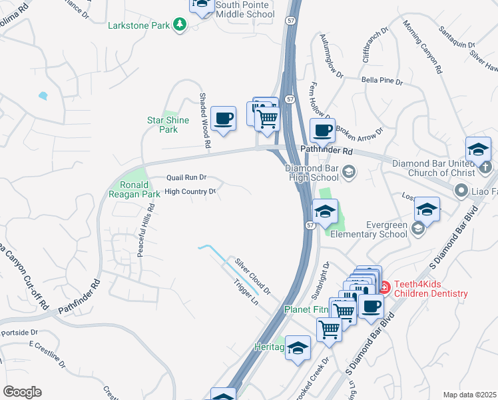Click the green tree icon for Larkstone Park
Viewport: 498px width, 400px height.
[179, 25]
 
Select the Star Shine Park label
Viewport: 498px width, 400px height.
[162, 125]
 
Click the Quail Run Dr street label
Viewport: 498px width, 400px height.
[186, 178]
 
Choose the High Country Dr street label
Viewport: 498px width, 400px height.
[190, 192]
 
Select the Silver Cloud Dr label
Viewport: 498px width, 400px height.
[252, 275]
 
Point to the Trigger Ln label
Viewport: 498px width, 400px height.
[246, 292]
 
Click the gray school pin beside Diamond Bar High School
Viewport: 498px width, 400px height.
[348, 173]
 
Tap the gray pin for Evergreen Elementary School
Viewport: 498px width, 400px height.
[417, 229]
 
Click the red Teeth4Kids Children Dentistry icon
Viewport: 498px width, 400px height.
[384, 287]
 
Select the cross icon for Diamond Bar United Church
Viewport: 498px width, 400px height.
[486, 165]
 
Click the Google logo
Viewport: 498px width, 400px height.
[22, 392]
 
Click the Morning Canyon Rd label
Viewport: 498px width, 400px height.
[423, 46]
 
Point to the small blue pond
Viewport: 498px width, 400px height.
[43, 95]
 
